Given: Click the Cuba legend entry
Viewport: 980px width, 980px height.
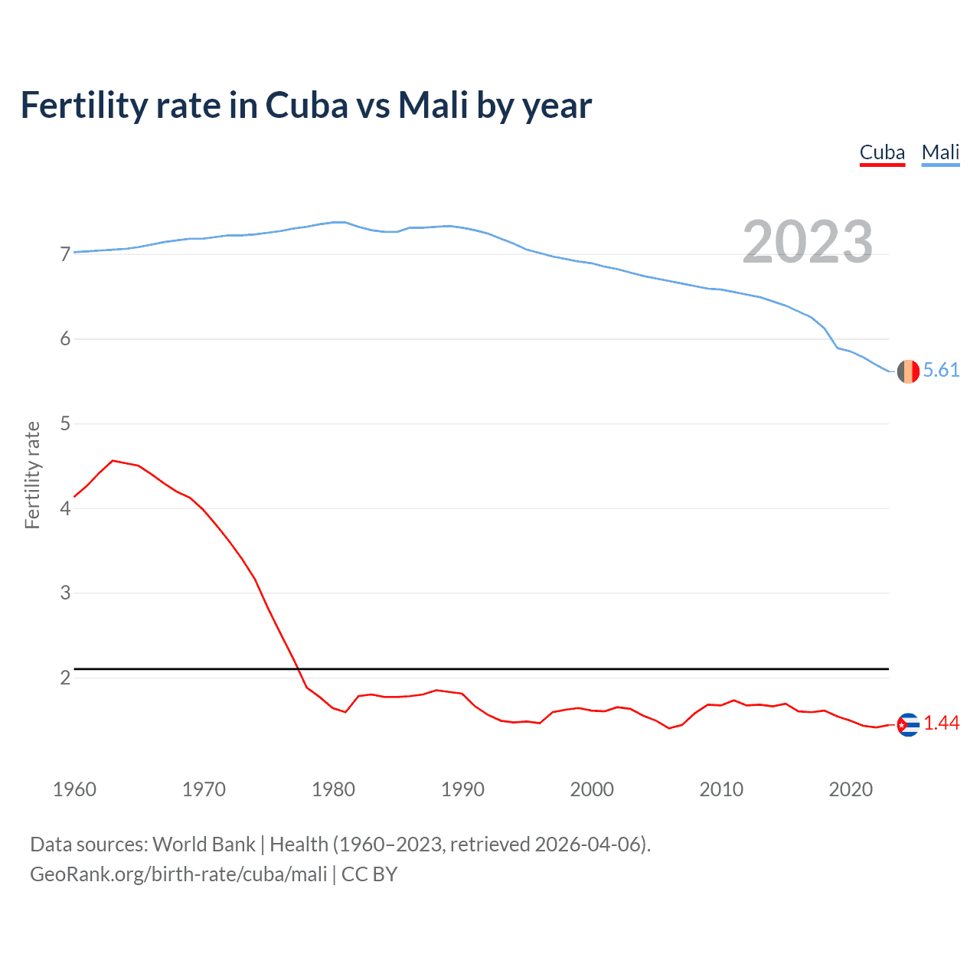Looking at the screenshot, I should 882,152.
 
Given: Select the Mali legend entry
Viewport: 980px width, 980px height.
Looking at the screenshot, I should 940,152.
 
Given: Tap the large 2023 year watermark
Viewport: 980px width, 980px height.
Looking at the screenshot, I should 808,242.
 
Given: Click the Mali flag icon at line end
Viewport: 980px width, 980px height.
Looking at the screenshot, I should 908,371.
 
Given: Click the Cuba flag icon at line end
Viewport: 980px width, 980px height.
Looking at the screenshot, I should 908,724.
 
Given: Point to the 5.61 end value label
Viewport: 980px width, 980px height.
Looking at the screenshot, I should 941,371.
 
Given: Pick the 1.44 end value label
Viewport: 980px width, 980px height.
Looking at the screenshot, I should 941,724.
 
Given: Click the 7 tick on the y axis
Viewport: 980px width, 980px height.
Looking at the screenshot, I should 65,254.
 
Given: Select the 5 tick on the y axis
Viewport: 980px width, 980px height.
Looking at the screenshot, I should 65,423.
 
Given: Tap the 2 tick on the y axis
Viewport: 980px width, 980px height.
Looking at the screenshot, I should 65,678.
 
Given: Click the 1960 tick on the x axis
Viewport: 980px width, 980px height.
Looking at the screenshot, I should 74,789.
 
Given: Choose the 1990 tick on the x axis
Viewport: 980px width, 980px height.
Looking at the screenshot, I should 462,789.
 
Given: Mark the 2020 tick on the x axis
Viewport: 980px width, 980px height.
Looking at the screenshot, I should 851,789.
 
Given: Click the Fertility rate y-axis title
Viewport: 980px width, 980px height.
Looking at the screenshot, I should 32,475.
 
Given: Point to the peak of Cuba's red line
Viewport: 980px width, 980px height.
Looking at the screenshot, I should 113,461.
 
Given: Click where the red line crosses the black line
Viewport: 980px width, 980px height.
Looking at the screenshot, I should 297,669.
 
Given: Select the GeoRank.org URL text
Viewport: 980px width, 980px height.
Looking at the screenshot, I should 178,874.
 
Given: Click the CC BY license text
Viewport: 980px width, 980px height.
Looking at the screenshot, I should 370,874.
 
